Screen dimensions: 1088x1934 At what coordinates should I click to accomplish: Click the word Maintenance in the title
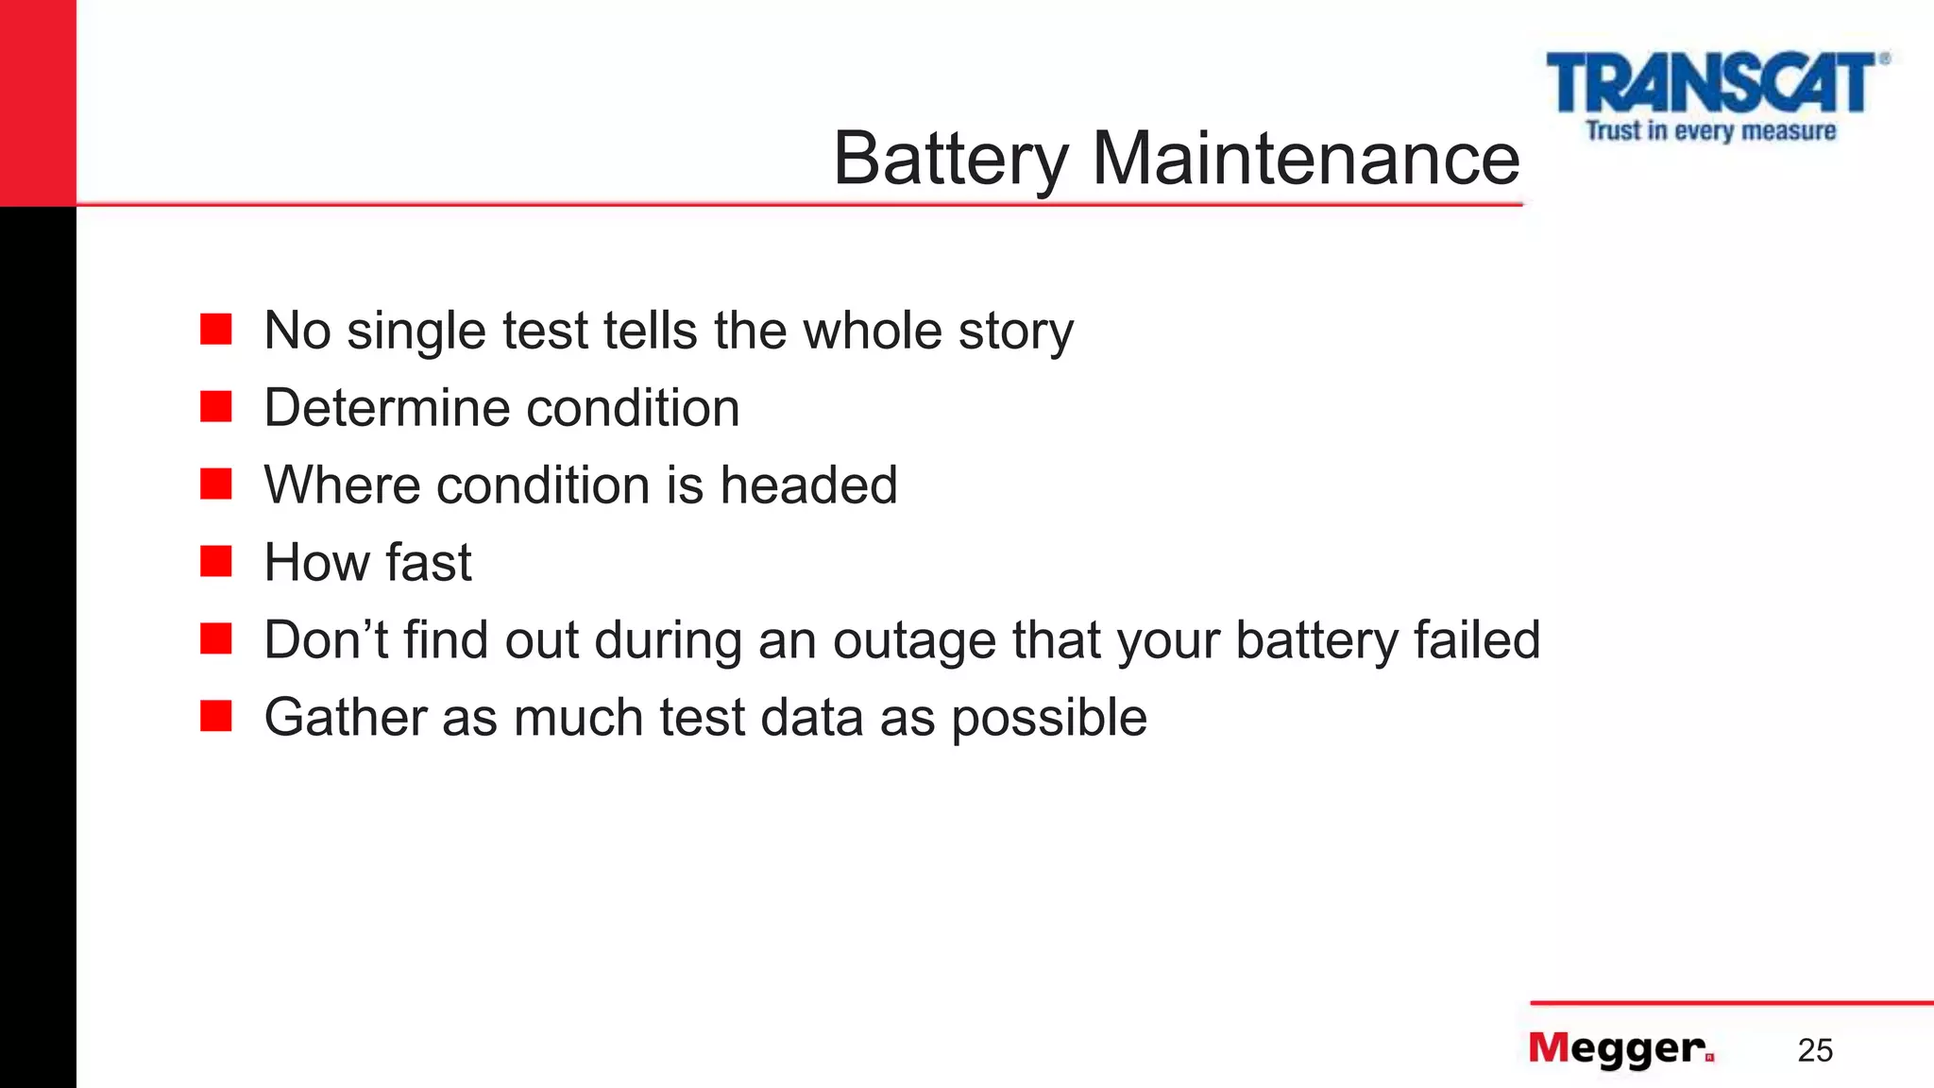[1306, 159]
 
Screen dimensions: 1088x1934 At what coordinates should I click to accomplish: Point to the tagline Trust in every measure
[1710, 130]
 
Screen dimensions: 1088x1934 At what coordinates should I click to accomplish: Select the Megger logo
[1620, 1048]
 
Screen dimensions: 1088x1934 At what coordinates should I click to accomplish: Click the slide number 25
[1815, 1050]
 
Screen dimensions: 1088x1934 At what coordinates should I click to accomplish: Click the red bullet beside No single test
[216, 330]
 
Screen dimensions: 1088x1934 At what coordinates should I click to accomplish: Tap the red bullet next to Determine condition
[216, 407]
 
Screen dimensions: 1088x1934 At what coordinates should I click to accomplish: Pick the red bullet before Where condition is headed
[216, 484]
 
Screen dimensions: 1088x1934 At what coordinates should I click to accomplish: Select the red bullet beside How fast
[216, 562]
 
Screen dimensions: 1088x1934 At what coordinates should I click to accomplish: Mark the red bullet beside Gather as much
[216, 716]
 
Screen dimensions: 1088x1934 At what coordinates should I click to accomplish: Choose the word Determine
[386, 408]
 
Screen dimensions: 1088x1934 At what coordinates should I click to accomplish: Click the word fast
[429, 563]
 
